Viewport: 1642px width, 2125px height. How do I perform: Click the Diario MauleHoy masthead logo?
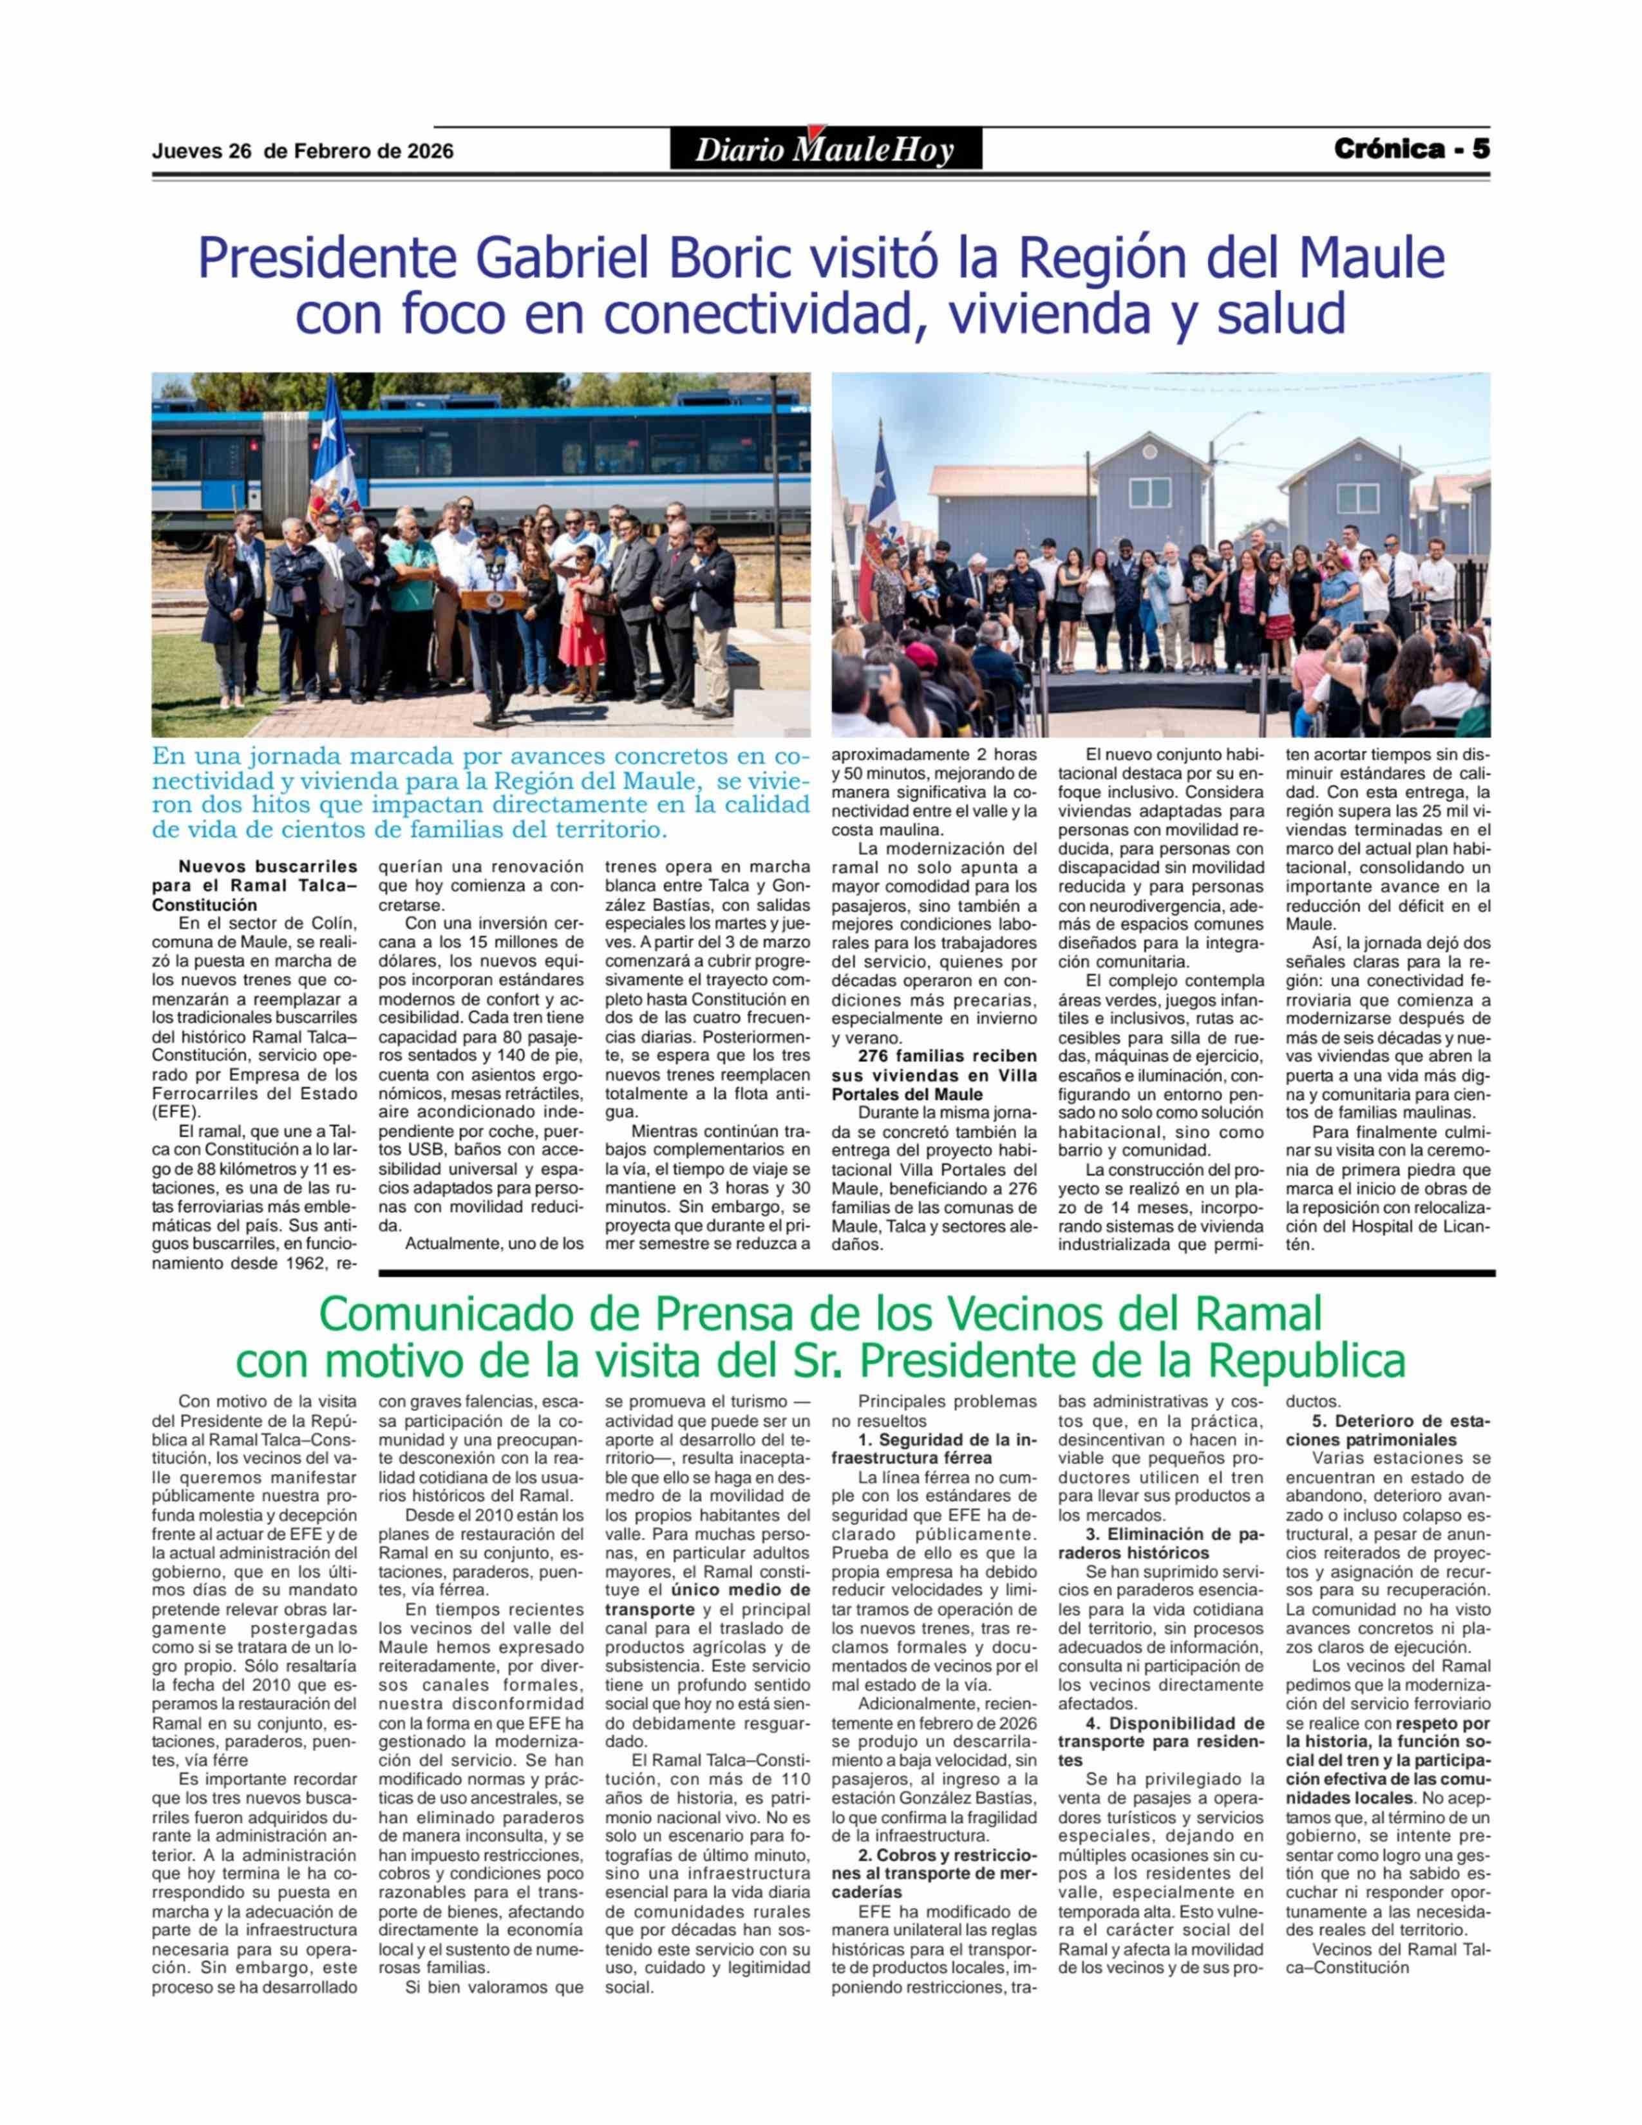pos(825,150)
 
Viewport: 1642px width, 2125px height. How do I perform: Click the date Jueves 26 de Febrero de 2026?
pos(303,152)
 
